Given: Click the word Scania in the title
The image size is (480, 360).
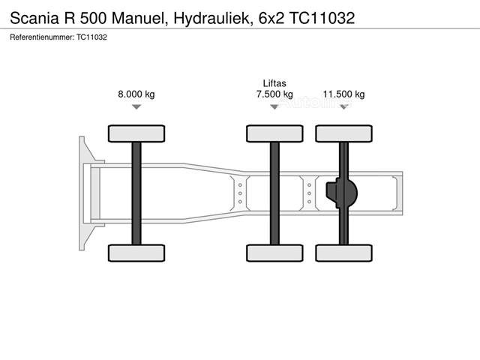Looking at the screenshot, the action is (34, 18).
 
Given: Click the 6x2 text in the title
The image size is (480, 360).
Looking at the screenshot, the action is (271, 18).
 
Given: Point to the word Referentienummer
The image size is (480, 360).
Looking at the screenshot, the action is (42, 37).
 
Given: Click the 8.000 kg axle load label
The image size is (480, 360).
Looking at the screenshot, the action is (136, 94).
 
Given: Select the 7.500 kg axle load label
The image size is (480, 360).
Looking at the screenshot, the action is (274, 94).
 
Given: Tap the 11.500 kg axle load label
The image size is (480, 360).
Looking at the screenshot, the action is (343, 94).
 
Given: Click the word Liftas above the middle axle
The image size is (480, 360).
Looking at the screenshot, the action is (274, 83).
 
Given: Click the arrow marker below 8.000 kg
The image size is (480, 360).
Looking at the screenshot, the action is (136, 106).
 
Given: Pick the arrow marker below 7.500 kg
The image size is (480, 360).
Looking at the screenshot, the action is (274, 106).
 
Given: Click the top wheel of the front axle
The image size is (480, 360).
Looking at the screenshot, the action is (136, 133).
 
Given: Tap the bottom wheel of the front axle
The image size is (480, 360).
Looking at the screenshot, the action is (136, 253).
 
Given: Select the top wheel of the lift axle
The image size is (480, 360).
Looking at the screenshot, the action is (275, 133).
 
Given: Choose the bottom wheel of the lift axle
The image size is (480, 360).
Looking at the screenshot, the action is (275, 253).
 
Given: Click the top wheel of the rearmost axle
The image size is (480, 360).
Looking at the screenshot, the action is (344, 133).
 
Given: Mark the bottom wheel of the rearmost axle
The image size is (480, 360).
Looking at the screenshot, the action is (344, 253).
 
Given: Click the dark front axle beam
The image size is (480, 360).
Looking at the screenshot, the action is (136, 193).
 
